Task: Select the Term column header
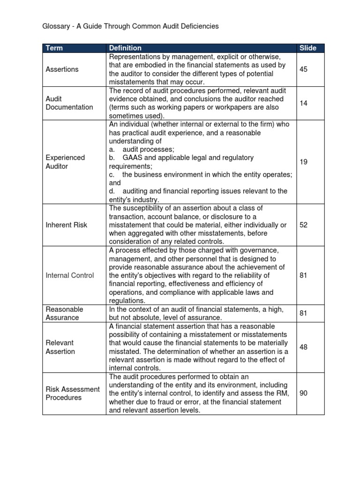[54, 48]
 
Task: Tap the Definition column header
[125, 48]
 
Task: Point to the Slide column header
[307, 48]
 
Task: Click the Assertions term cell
[62, 69]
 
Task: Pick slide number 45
[303, 69]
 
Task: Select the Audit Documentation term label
[69, 103]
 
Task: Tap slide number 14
[303, 103]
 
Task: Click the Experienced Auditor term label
[65, 162]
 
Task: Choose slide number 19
[303, 162]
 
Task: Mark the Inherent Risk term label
[66, 225]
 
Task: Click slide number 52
[303, 225]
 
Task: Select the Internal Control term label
[69, 276]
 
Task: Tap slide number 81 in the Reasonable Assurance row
[303, 313]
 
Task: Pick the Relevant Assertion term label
[60, 347]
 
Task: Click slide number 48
[303, 347]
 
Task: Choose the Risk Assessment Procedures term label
[72, 393]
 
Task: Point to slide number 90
[303, 393]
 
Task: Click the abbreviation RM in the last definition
[283, 393]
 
